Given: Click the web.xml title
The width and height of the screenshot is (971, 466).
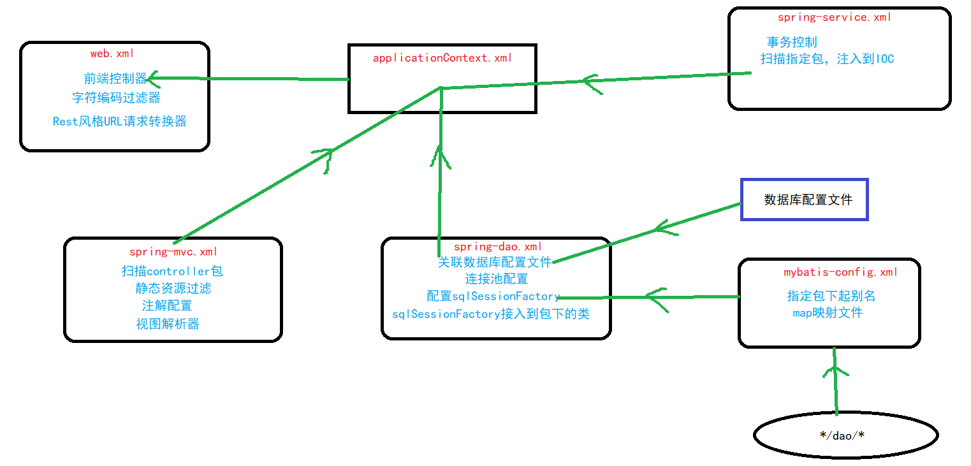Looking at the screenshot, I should (x=112, y=54).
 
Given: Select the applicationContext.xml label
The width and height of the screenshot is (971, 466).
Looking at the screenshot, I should (x=442, y=58).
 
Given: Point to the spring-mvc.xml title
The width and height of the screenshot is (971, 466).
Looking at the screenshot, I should (x=173, y=252).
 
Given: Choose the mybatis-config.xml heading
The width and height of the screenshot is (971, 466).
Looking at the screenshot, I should (x=840, y=272).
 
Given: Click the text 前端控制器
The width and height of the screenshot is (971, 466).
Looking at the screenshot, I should (x=115, y=78).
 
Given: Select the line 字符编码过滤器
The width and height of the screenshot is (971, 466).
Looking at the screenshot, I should (x=115, y=98).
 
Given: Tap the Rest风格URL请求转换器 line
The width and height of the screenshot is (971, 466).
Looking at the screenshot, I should (x=119, y=121).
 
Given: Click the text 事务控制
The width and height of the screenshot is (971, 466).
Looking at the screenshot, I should (x=791, y=43).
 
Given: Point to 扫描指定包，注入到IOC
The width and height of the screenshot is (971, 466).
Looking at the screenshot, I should (x=827, y=59).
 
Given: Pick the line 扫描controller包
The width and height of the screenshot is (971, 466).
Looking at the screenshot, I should (x=172, y=271).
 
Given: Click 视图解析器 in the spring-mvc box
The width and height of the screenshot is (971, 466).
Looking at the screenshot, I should (x=167, y=324).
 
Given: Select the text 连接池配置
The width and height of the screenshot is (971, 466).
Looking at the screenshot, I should (x=496, y=279).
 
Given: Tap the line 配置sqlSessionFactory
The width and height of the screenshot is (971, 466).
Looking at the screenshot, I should (x=493, y=296).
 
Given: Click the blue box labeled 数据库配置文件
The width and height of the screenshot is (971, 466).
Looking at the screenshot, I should (x=804, y=200).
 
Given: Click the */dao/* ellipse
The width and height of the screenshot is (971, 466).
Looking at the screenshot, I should (x=845, y=435).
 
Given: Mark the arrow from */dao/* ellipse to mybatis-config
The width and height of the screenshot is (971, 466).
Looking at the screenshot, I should (x=835, y=382).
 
